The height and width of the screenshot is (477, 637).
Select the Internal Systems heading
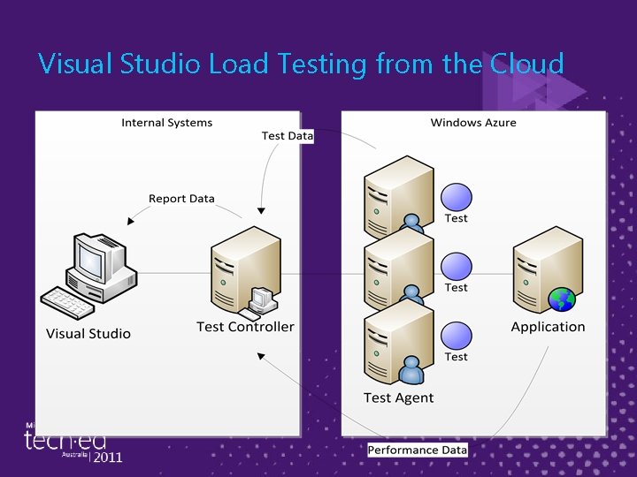coord(166,123)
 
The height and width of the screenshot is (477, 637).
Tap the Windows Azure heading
coord(473,123)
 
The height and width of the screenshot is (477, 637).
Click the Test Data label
coord(287,136)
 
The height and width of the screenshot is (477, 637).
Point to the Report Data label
coord(181,199)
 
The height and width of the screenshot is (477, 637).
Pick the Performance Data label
coord(417,450)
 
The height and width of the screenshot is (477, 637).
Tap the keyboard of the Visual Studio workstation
coord(68,302)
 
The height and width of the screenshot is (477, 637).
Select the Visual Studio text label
coord(88,334)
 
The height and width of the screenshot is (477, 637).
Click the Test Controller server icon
coord(244,270)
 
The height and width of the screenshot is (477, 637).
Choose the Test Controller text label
coord(245,327)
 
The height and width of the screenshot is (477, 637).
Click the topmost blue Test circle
coord(457,197)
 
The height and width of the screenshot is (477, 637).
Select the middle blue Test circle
coord(457,267)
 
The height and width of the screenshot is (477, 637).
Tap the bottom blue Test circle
coord(457,336)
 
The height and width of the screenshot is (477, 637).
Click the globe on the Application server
coord(562,300)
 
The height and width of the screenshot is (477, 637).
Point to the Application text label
coord(548,327)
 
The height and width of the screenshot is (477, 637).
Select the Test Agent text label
coord(398,397)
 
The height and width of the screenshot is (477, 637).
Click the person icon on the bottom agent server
coord(411,368)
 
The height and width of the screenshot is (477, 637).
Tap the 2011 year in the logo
coord(107,457)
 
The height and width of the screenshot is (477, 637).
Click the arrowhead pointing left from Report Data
coord(131,221)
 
